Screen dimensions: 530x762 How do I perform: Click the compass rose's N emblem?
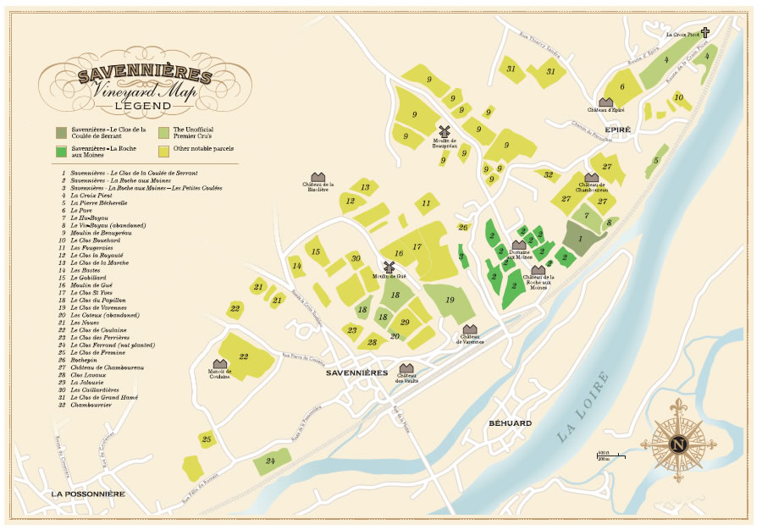pos(676,444)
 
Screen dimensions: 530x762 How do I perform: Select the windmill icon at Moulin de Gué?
pos(390,267)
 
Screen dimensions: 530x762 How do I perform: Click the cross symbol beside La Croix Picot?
pos(704,34)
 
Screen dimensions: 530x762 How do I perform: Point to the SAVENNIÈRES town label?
pos(356,373)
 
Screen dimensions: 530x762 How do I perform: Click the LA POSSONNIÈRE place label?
pos(88,494)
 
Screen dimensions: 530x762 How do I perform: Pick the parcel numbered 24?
pos(271,461)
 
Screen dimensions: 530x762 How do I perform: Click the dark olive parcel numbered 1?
pos(579,238)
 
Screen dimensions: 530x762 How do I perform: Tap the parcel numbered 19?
pos(449,301)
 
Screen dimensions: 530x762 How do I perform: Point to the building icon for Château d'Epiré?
pos(605,102)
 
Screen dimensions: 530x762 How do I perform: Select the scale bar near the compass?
pos(610,456)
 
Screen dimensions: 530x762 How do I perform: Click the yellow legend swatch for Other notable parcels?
pos(163,150)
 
